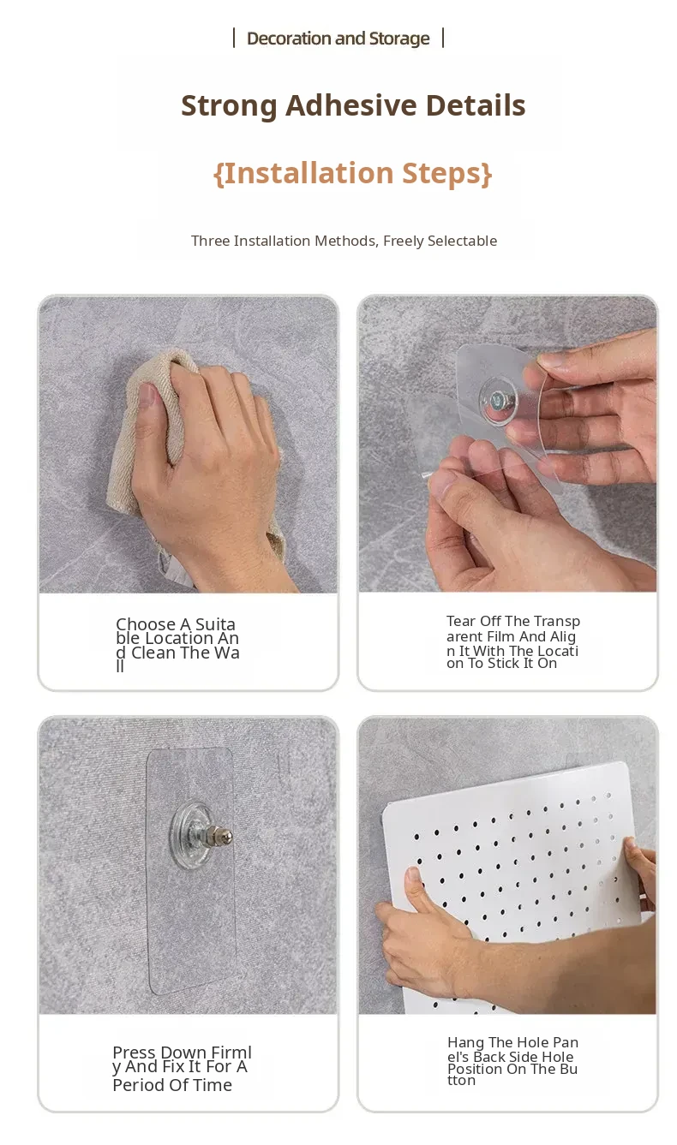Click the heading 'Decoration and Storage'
tap(338, 39)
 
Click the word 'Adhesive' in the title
tap(350, 105)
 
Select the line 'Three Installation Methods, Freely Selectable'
tap(344, 241)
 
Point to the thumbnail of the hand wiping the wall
tap(189, 444)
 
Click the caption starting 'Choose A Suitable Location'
tap(177, 645)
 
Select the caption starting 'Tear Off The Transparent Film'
tap(512, 642)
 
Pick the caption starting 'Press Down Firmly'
tap(182, 1068)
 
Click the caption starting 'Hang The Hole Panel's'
tap(512, 1061)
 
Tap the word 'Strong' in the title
tap(229, 106)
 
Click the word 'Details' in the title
tap(476, 105)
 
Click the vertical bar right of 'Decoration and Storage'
tap(443, 38)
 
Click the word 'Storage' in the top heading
tap(398, 39)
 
